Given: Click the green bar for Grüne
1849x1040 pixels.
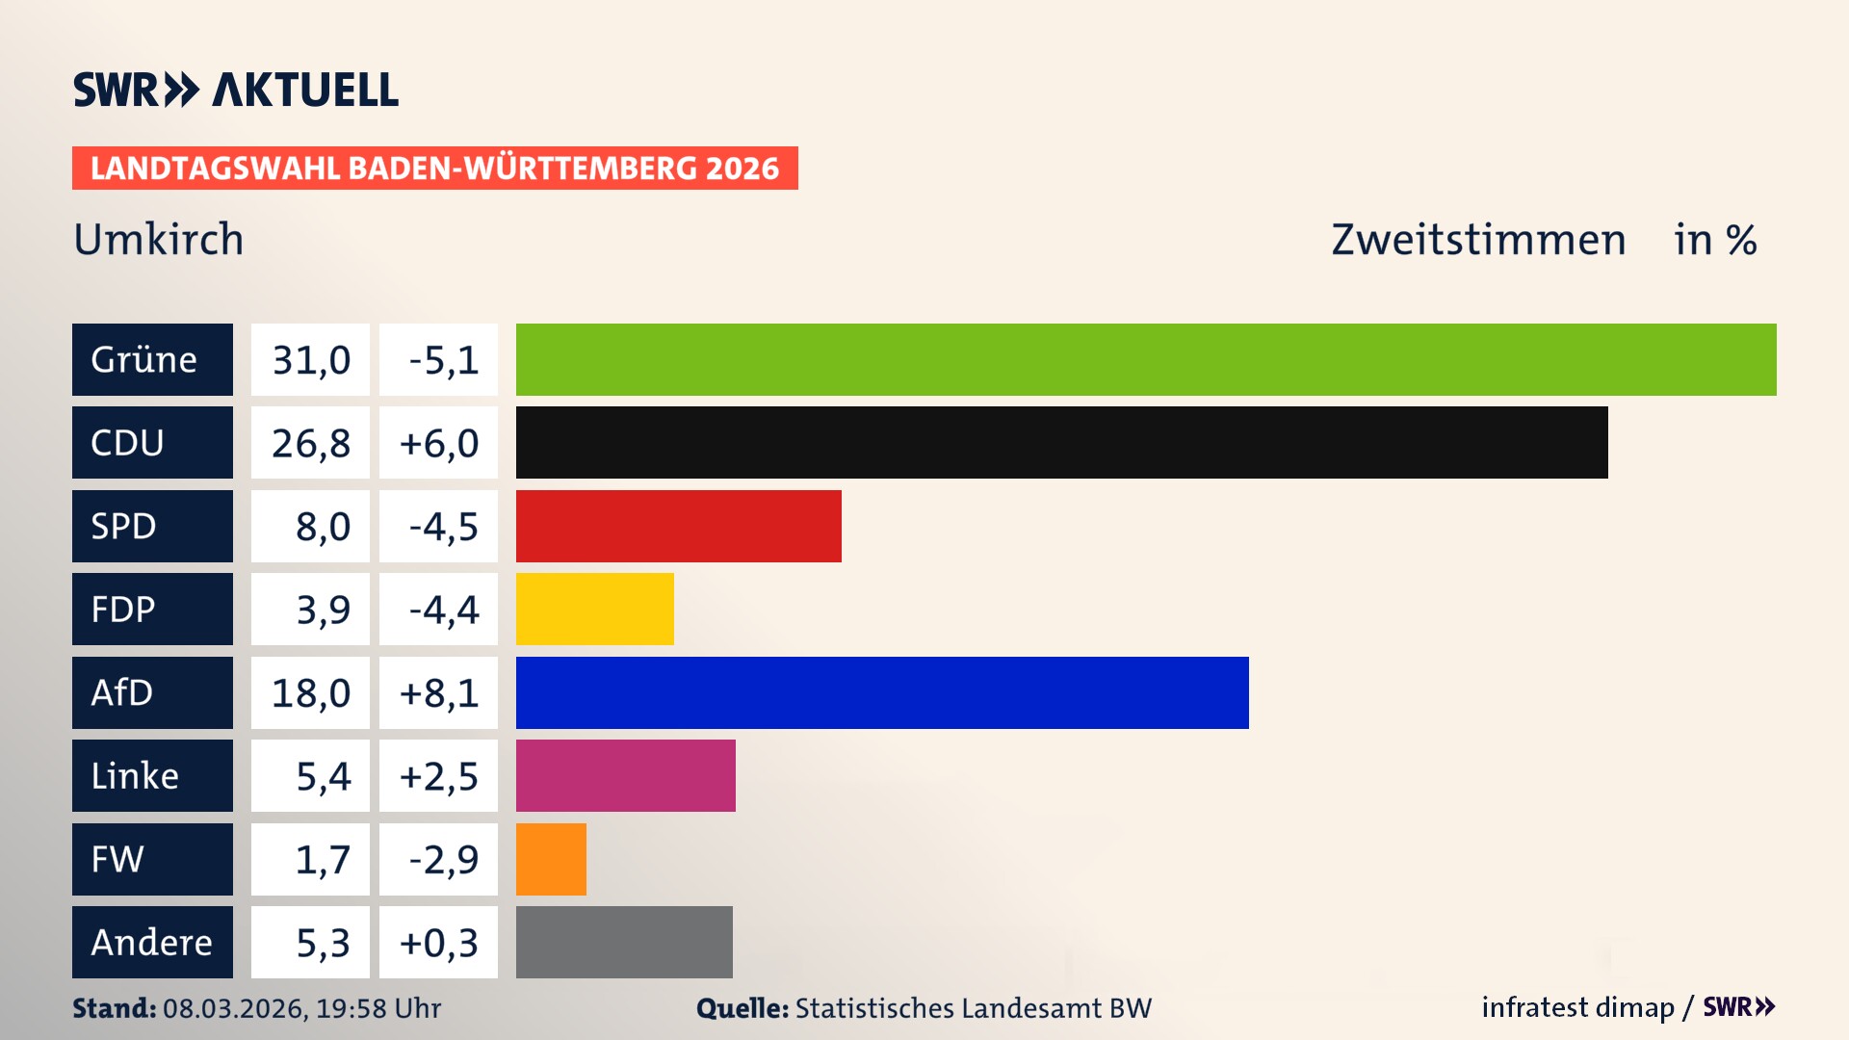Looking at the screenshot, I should click(x=1146, y=359).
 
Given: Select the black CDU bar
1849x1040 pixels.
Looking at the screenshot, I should click(x=1061, y=443).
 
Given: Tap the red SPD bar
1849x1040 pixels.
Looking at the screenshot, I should click(x=678, y=526).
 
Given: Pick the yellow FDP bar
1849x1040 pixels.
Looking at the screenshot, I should click(x=594, y=610).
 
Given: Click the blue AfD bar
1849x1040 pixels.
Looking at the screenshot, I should click(x=882, y=692).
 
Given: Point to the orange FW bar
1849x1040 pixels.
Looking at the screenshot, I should click(x=551, y=859).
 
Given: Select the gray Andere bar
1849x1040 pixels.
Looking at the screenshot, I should click(x=624, y=942).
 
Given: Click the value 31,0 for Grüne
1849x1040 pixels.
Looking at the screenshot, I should click(x=310, y=360).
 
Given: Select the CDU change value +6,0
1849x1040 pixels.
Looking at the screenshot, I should click(x=438, y=443).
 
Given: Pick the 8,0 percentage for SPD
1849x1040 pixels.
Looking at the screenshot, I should click(x=322, y=527).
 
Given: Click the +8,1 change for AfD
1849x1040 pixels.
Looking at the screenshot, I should click(x=438, y=692).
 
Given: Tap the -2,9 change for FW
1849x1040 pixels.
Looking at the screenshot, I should click(x=442, y=859).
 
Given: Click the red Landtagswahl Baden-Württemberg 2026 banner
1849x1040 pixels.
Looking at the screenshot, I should click(x=434, y=168).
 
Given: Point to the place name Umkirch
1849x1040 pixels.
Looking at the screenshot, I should click(x=159, y=240).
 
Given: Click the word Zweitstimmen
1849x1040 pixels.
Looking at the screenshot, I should click(x=1478, y=240).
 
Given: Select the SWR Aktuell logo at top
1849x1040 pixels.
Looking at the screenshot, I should click(x=236, y=90).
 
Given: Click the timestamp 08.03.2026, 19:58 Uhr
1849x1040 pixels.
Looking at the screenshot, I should click(x=301, y=1008).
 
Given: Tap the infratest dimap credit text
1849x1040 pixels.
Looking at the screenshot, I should click(x=1577, y=1007).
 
